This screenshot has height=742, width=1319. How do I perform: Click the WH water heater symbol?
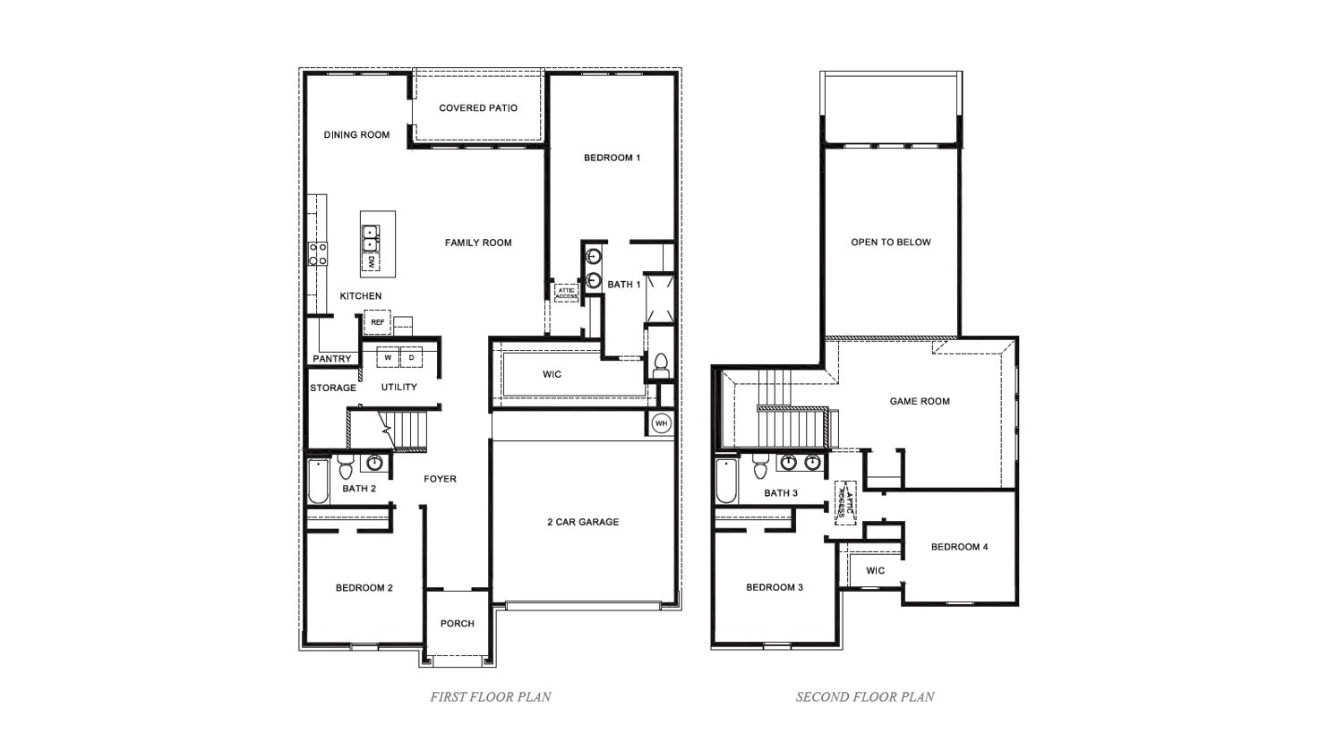pos(661,423)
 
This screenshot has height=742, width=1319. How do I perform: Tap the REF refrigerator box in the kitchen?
pos(377,322)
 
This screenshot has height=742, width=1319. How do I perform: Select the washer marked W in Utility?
pos(388,358)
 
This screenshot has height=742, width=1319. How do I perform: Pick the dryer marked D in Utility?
pos(411,358)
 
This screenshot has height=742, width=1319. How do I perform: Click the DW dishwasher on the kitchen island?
pos(369,262)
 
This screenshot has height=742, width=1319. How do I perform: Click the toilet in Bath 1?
pos(661,364)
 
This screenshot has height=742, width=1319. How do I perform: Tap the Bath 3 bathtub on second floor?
pos(726,482)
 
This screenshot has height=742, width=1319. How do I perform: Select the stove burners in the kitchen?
pos(318,253)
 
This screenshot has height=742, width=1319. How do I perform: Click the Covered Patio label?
pos(478,108)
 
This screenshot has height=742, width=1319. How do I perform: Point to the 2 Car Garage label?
pos(583,522)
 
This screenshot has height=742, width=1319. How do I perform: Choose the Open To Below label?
pos(890,243)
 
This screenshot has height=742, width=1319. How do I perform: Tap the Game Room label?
pos(920,402)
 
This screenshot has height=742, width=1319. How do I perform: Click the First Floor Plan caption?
pos(491,696)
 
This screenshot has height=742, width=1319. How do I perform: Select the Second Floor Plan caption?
pos(865,696)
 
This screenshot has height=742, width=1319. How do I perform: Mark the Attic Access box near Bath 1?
pos(566,293)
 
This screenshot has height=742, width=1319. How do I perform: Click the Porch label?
pos(458,624)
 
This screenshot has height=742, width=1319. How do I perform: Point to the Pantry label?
pos(332,359)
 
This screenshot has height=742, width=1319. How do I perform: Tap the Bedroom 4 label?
pos(959,547)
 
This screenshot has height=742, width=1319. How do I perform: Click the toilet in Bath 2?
pos(346,467)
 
